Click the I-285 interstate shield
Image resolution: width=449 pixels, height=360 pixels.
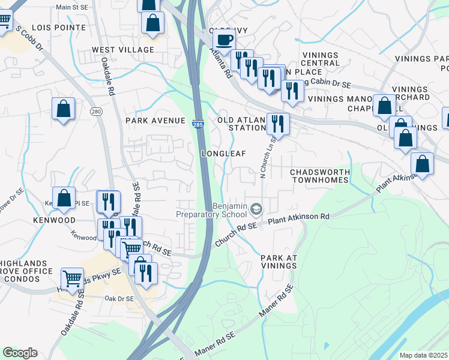(x=197, y=124)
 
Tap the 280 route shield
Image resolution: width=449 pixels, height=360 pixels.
(x=96, y=112)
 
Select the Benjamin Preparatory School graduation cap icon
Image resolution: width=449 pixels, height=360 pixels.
(x=256, y=209)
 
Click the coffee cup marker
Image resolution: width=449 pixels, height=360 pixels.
(x=224, y=40)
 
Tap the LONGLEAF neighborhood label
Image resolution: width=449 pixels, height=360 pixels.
(x=224, y=154)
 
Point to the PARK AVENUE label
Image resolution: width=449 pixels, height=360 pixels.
(x=155, y=121)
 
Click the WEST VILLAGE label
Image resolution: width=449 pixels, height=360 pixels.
(x=123, y=50)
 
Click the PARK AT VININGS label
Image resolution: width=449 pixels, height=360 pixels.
(x=279, y=262)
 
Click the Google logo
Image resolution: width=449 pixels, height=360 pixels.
(x=20, y=353)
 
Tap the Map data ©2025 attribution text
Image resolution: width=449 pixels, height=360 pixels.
(x=423, y=355)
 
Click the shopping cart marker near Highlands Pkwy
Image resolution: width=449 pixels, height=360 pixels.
(x=72, y=278)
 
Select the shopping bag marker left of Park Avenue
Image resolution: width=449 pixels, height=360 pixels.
(x=63, y=109)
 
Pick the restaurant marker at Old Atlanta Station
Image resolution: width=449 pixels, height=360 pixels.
(x=278, y=124)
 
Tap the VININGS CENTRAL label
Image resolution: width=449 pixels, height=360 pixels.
(x=320, y=59)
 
